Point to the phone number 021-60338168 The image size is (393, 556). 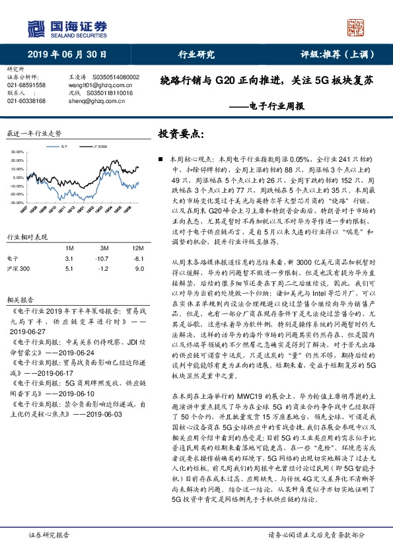pos(26,101)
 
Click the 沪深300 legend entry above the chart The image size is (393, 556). pos(103,143)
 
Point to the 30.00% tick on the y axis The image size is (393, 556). pos(17,151)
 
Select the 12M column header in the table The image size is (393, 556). pos(136,247)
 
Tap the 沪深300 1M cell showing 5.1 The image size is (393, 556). pos(69,269)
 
